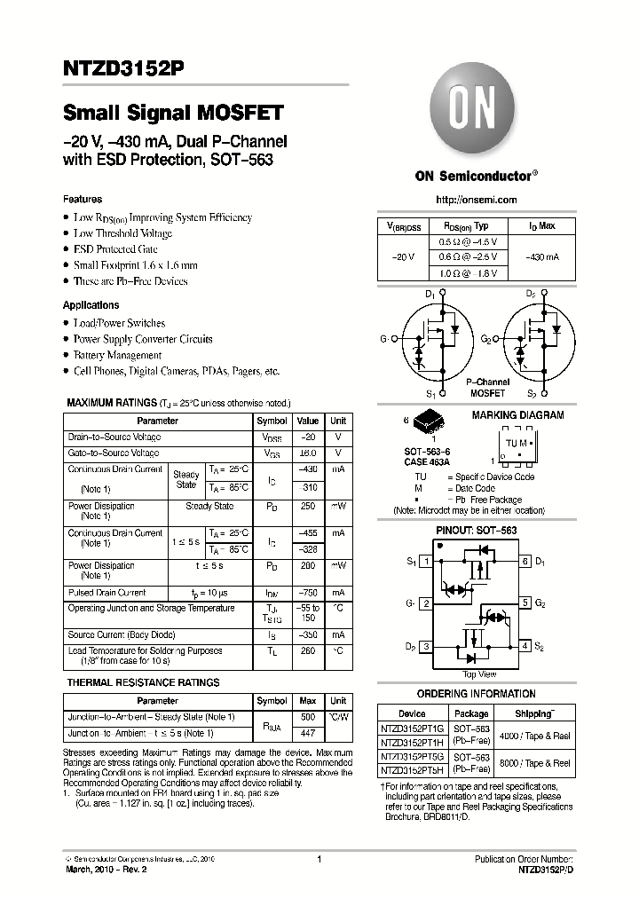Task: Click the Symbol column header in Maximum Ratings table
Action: pyautogui.click(x=272, y=421)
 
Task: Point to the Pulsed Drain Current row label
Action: pyautogui.click(x=107, y=593)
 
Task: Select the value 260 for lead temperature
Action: pyautogui.click(x=308, y=650)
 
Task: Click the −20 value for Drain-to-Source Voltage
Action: pyautogui.click(x=308, y=437)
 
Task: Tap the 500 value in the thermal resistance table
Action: pyautogui.click(x=308, y=717)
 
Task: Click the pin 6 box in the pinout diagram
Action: pyautogui.click(x=525, y=561)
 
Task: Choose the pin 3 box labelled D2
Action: pyautogui.click(x=426, y=646)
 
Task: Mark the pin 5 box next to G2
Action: pyautogui.click(x=525, y=603)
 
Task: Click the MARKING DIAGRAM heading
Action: pyautogui.click(x=517, y=415)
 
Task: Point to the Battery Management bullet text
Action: pyautogui.click(x=117, y=355)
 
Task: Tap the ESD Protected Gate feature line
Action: pyautogui.click(x=116, y=249)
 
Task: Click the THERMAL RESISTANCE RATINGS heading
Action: pyautogui.click(x=143, y=683)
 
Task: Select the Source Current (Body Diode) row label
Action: pyautogui.click(x=120, y=635)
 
